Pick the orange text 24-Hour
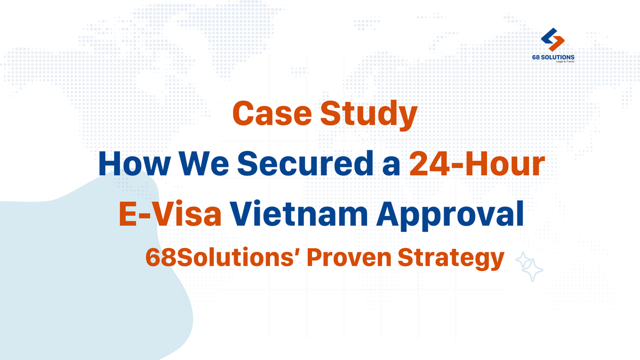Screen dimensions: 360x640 (x=476, y=165)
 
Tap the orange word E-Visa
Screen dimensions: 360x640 (x=170, y=213)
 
